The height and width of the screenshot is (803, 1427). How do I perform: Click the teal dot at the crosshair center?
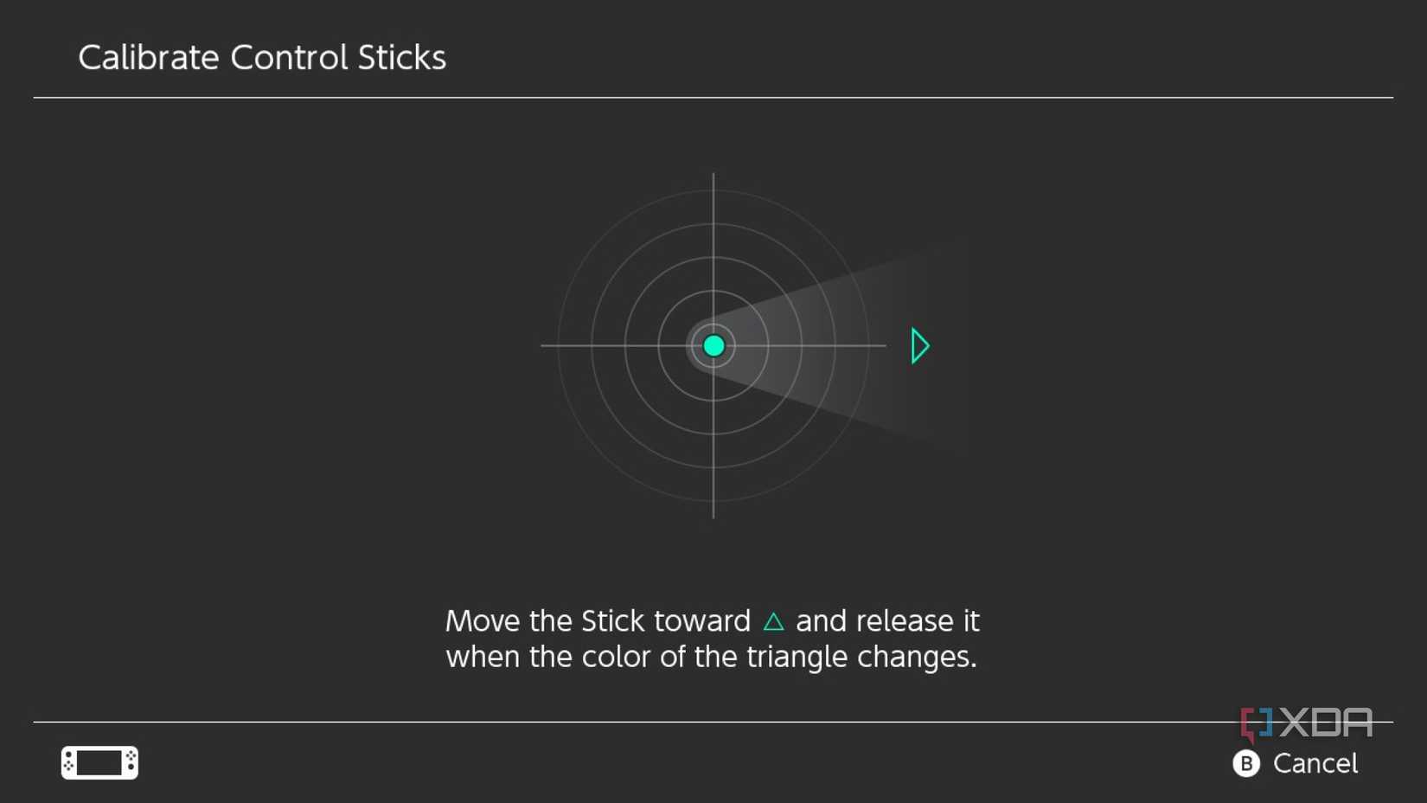tap(713, 346)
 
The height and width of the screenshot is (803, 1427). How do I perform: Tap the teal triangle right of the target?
tap(919, 346)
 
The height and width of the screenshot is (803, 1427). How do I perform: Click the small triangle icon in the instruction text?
tap(773, 621)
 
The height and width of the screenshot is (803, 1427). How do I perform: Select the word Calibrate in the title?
tap(149, 58)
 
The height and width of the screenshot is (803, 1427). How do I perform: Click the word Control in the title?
tap(289, 58)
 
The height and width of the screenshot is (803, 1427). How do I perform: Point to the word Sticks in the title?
tap(402, 58)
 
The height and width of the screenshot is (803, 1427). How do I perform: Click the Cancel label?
tap(1315, 763)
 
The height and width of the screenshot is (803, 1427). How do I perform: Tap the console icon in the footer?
tap(99, 762)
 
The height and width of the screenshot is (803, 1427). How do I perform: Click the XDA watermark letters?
tap(1326, 723)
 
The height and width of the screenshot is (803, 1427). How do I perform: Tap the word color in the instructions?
tap(616, 657)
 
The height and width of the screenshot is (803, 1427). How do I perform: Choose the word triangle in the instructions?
tap(797, 657)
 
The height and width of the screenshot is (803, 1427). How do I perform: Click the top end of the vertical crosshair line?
tap(713, 176)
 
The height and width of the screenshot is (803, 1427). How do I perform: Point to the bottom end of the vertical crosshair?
tap(713, 516)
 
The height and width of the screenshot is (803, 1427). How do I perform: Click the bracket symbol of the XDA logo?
tap(1256, 723)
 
